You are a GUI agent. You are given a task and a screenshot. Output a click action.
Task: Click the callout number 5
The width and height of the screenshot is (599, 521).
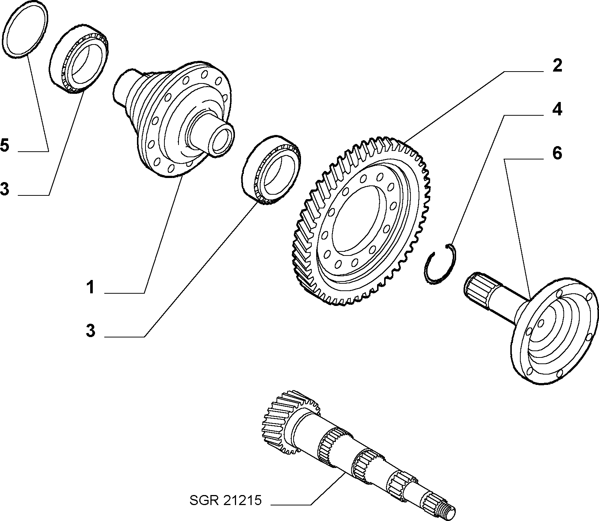[x=4, y=145]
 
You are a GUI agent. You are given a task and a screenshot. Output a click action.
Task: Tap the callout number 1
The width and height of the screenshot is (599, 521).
[x=91, y=287]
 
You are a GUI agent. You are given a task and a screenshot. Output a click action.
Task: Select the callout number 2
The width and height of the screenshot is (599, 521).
[x=557, y=66]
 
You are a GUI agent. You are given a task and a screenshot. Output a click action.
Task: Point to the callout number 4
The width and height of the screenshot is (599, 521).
[x=557, y=110]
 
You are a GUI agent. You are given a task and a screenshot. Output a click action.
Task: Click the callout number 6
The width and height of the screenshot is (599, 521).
[x=557, y=153]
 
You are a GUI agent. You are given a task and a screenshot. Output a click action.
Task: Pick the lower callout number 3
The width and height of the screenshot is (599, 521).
[x=91, y=330]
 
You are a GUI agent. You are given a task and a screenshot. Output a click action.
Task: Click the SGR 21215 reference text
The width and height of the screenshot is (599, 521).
[x=226, y=501]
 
